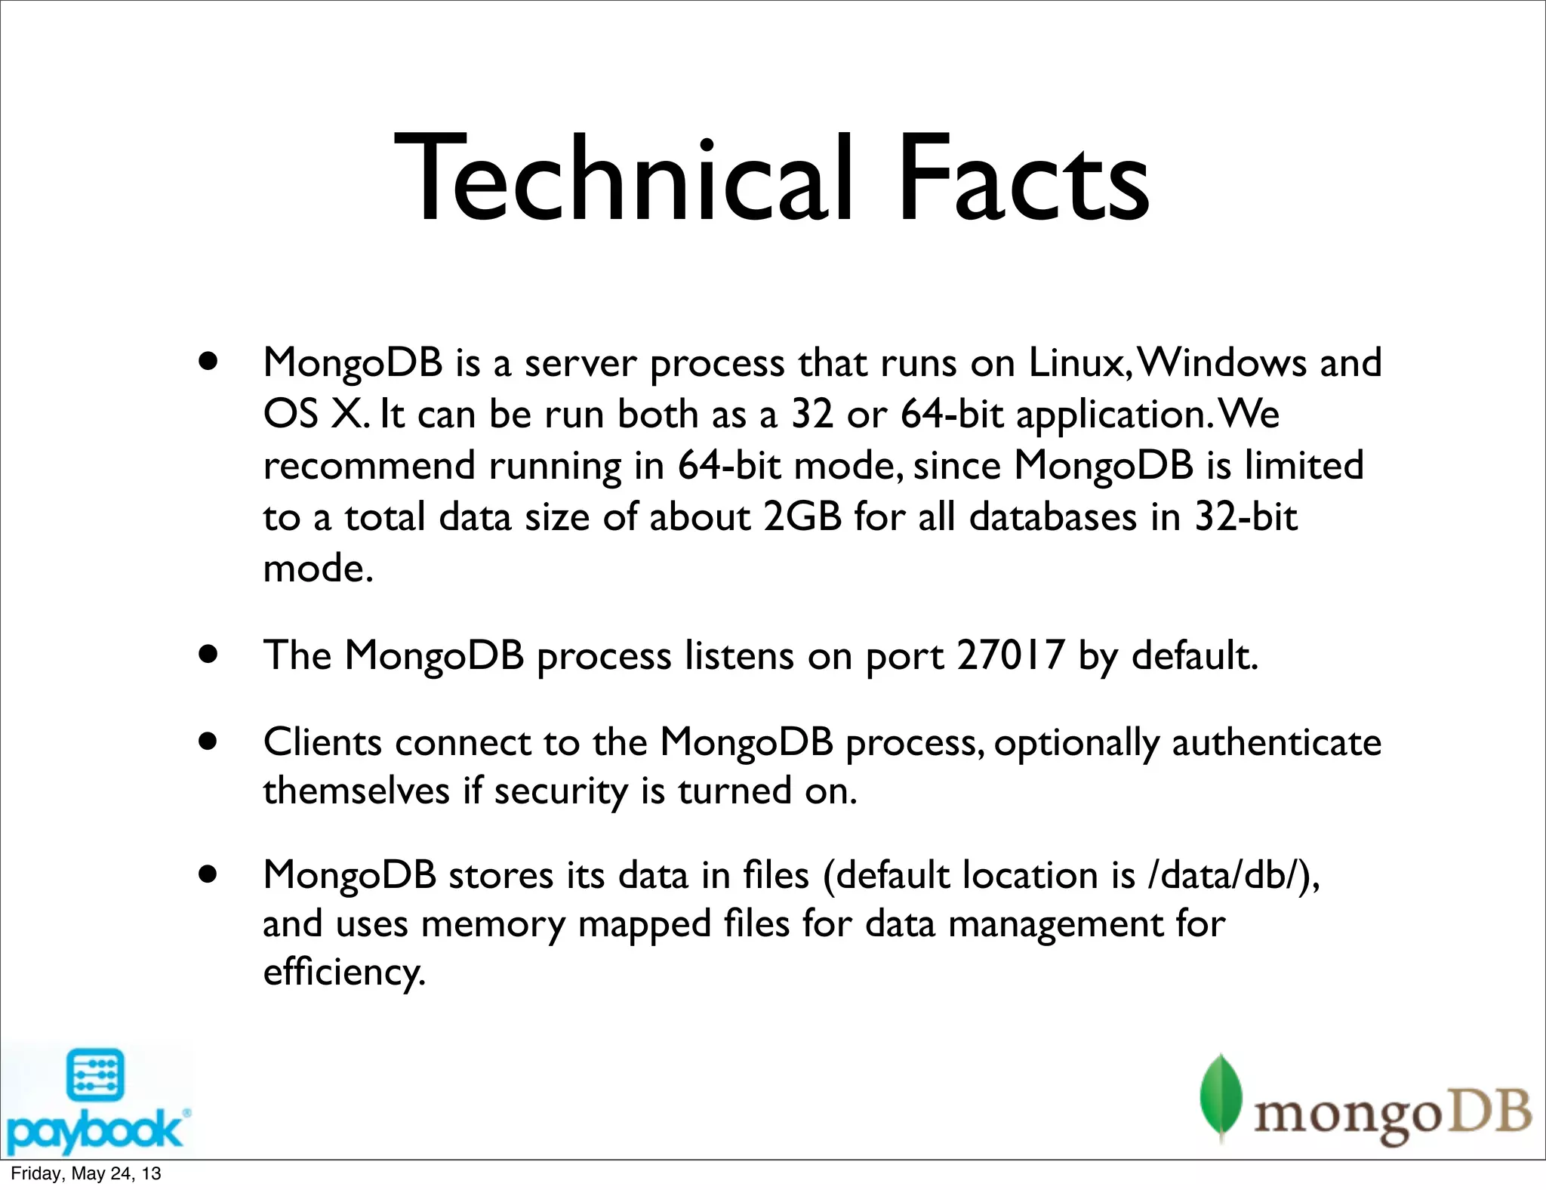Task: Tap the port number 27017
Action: tap(1011, 655)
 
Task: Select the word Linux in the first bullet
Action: tap(1076, 362)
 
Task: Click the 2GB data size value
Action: tap(802, 517)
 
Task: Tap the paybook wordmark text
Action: tap(95, 1130)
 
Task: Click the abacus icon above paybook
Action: tap(95, 1074)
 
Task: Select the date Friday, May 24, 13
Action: tap(85, 1173)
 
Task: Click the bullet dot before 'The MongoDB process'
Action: tap(208, 654)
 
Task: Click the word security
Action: tap(561, 791)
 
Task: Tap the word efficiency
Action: tap(343, 972)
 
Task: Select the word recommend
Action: tap(369, 466)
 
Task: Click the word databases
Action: tap(1052, 517)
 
